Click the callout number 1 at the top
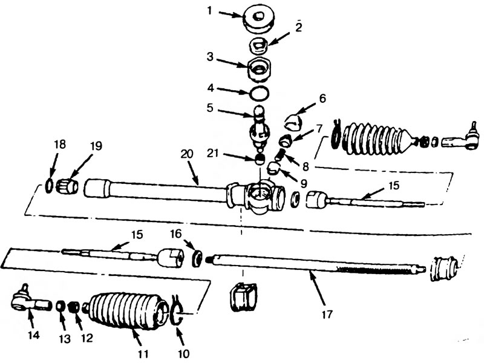[210, 11]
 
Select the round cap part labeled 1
[258, 19]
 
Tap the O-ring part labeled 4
[259, 93]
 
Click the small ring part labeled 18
[49, 186]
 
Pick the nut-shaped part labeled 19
[68, 186]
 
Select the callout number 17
[327, 314]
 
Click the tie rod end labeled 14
[30, 300]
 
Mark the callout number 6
[322, 99]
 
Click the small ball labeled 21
[260, 159]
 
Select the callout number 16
[175, 234]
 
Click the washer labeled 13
[60, 306]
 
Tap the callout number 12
[87, 338]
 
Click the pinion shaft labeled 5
[261, 128]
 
